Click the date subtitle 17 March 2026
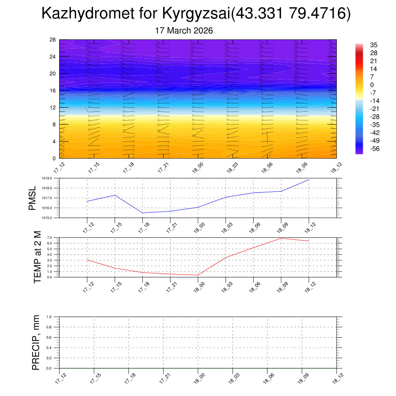(x=184, y=31)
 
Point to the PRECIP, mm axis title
(x=36, y=342)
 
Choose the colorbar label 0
(x=372, y=85)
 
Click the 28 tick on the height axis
(x=53, y=40)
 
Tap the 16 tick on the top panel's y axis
(x=53, y=90)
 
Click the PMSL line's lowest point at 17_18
(x=143, y=213)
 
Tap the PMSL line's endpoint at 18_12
(x=309, y=180)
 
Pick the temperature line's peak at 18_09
(x=281, y=238)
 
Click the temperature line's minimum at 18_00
(x=198, y=275)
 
